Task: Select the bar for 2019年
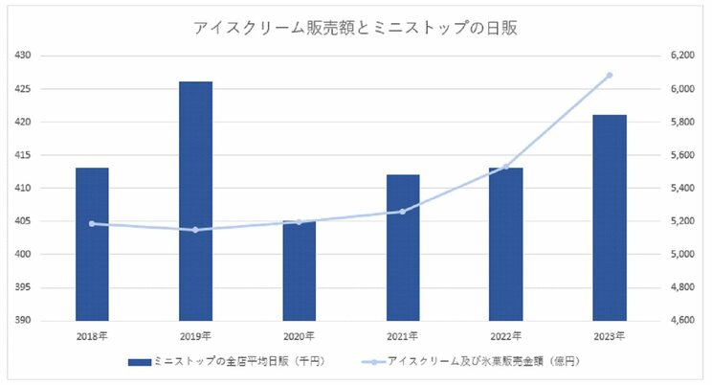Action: click(196, 201)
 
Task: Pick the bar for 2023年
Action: click(610, 217)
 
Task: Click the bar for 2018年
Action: click(93, 244)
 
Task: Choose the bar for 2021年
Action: click(403, 247)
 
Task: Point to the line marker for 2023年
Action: click(610, 75)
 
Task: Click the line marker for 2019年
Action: click(196, 230)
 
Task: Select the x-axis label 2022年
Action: click(506, 335)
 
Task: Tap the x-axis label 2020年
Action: click(300, 335)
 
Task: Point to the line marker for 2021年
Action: click(403, 212)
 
